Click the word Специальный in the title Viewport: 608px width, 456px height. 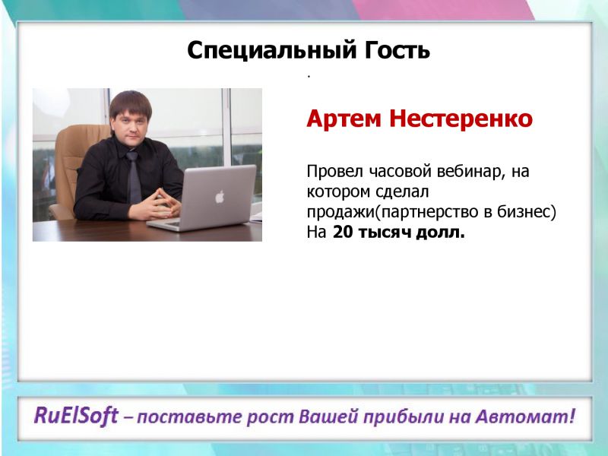click(271, 51)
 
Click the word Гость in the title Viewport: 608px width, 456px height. click(397, 50)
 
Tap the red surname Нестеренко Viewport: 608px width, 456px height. click(461, 119)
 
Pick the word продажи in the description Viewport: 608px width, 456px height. click(340, 213)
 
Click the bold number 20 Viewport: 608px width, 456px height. click(343, 233)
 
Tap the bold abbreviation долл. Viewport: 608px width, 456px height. click(440, 233)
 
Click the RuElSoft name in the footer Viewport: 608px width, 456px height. click(76, 416)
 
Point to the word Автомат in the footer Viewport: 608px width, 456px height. click(521, 416)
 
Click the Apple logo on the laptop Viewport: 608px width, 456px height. click(220, 197)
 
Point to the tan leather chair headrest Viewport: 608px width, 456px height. click(84, 138)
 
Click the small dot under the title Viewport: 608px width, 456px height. click(309, 77)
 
